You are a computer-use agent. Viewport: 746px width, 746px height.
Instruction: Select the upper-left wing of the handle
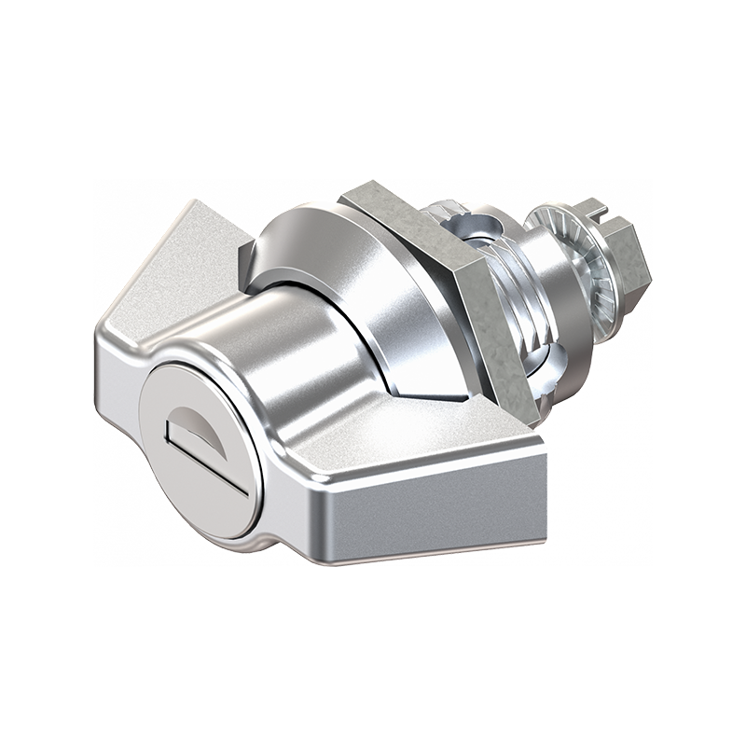point(177,261)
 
